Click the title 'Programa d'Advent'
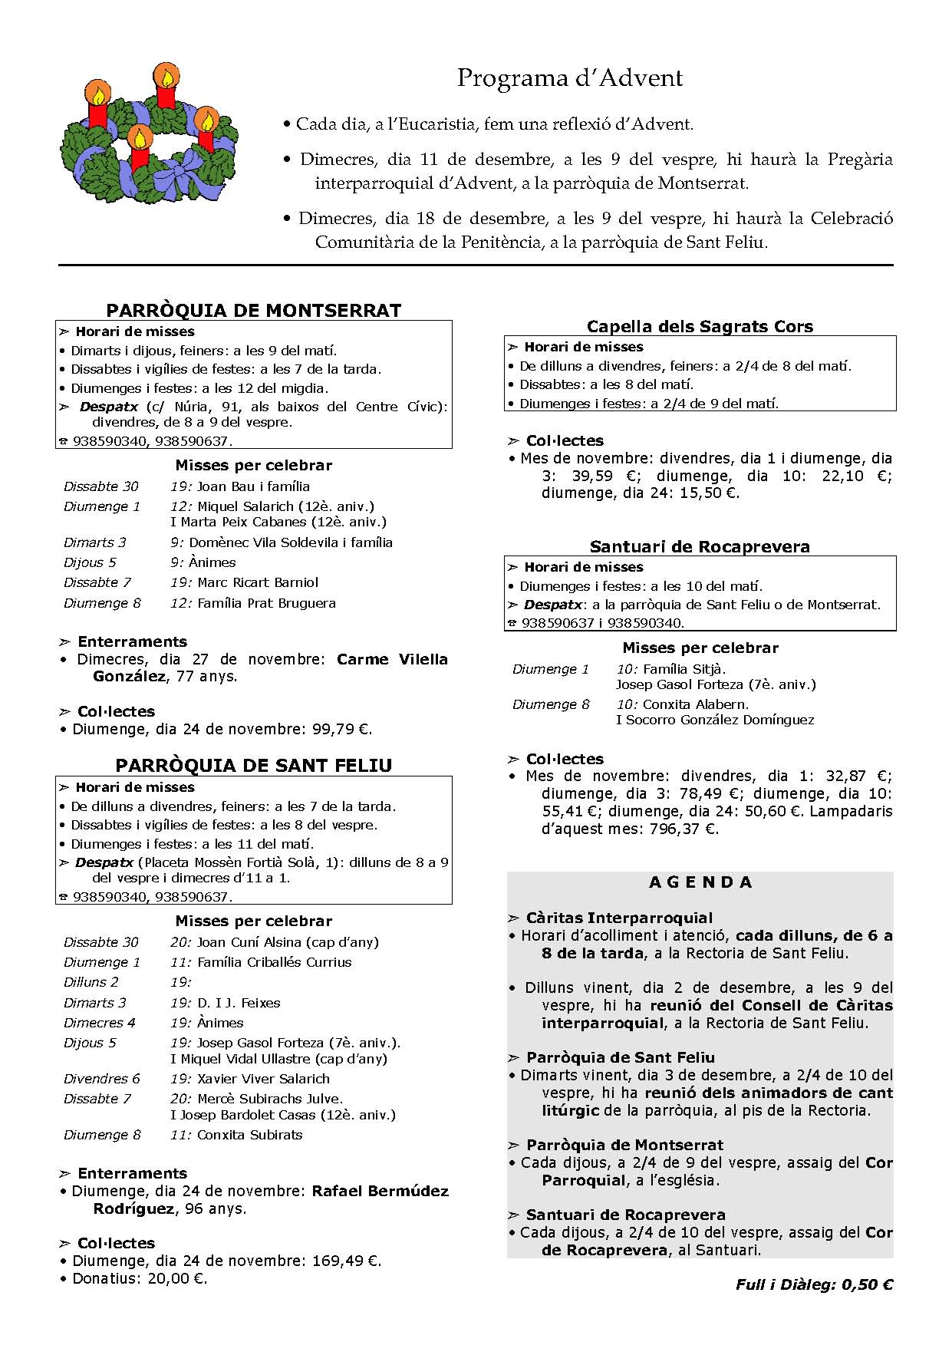[x=569, y=78]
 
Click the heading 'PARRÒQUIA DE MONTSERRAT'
[x=254, y=310]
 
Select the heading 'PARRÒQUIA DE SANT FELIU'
[x=254, y=765]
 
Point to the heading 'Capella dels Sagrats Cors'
[x=700, y=326]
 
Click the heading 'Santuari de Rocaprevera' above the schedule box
[x=700, y=546]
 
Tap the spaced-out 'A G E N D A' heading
[x=700, y=882]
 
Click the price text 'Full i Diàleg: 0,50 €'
[x=814, y=1284]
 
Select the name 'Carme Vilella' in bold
[x=392, y=659]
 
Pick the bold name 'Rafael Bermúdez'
[x=380, y=1191]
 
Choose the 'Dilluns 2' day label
[x=91, y=982]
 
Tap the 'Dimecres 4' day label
[x=100, y=1023]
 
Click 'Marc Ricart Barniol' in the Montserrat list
[x=257, y=582]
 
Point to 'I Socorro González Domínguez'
[x=715, y=720]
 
